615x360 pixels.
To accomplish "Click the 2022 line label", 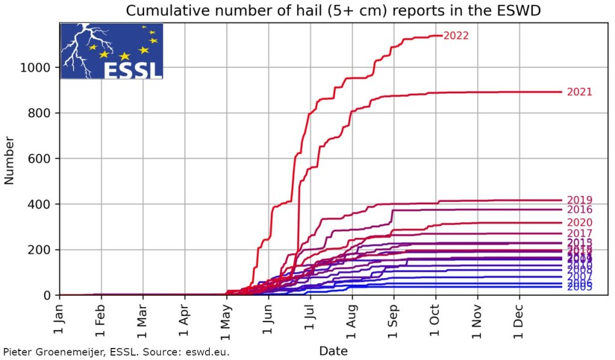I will pyautogui.click(x=456, y=36).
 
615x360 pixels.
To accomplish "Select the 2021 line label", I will pyautogui.click(x=580, y=93).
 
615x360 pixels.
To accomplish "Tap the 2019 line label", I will pyautogui.click(x=580, y=200).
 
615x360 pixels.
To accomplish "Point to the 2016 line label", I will pyautogui.click(x=580, y=210).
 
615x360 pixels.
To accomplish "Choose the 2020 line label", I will pyautogui.click(x=580, y=223).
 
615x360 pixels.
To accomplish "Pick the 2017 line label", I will pyautogui.click(x=580, y=233).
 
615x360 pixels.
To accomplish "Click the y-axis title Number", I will pyautogui.click(x=10, y=159).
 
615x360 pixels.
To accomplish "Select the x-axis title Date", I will pyautogui.click(x=333, y=350).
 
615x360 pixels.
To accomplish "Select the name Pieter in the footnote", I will pyautogui.click(x=18, y=352).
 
